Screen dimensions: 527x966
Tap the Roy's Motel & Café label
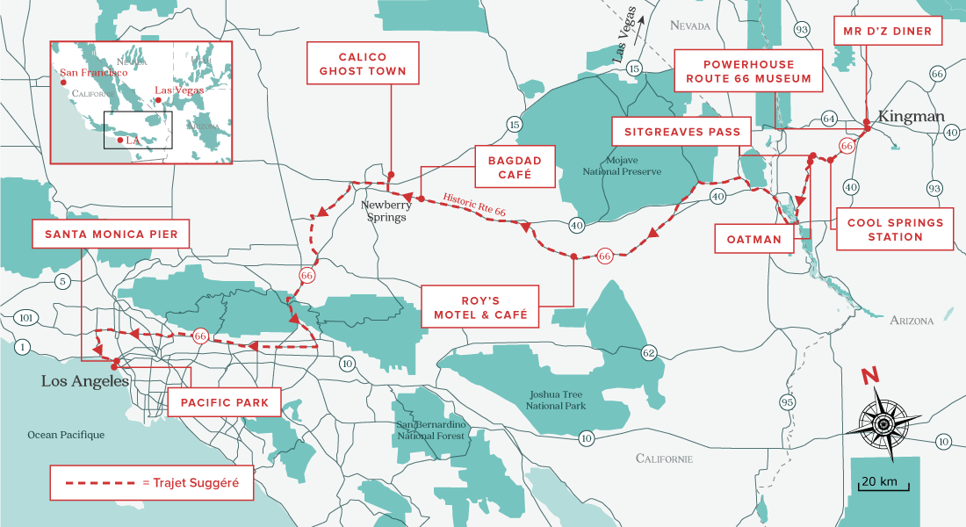tap(479, 307)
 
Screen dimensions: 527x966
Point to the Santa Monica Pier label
tap(105, 235)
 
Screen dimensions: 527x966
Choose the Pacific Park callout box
tap(224, 402)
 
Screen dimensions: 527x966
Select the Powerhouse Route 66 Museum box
tap(748, 71)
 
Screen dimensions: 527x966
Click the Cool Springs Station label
tap(895, 229)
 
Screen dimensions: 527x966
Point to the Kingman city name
tap(911, 117)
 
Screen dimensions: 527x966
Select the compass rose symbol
tap(883, 423)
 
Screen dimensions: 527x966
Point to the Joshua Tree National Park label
tap(556, 401)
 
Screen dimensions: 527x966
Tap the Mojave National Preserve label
tap(622, 166)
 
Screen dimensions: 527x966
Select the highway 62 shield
tap(648, 353)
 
